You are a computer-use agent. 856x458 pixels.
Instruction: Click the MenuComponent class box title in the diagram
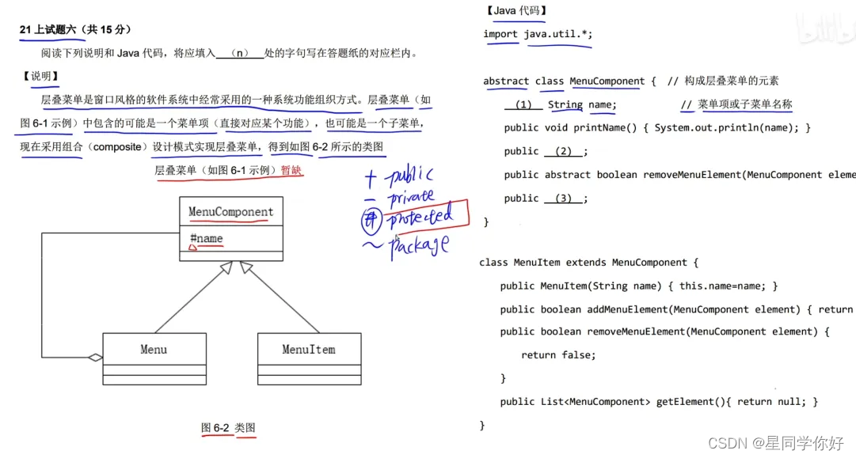pos(230,212)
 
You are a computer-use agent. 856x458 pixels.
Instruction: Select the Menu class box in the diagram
pos(154,350)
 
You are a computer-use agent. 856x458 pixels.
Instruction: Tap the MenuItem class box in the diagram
pos(309,350)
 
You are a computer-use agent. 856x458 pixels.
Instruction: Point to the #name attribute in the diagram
pos(207,239)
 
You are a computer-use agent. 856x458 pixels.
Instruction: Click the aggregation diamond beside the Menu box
pos(96,358)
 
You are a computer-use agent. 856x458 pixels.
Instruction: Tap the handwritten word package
pos(419,245)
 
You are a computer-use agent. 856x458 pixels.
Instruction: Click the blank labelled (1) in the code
pos(523,104)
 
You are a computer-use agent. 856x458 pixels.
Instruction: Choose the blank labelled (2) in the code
pos(563,151)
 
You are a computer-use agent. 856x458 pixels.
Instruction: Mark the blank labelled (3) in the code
pos(563,198)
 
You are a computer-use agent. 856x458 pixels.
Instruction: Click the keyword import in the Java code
pos(500,34)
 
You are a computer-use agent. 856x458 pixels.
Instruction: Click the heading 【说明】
pos(41,76)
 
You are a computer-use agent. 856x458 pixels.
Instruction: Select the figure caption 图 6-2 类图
pos(228,428)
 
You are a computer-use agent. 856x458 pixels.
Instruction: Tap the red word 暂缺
pos(291,170)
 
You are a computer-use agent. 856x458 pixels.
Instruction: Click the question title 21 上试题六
pos(51,30)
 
